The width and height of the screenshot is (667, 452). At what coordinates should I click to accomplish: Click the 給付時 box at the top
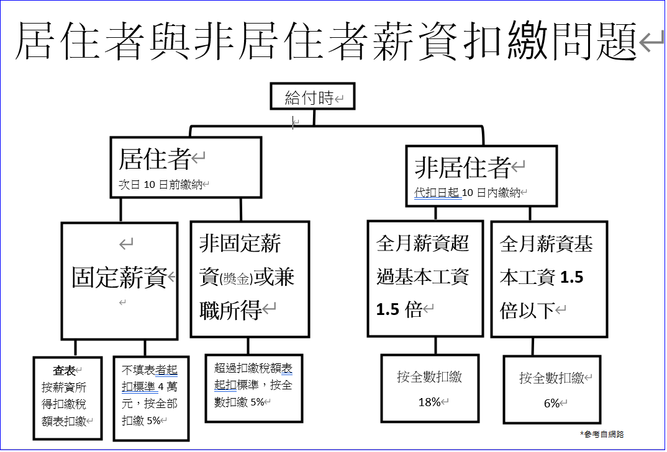pos(312,97)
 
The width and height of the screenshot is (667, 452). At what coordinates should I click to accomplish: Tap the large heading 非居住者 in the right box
pos(462,166)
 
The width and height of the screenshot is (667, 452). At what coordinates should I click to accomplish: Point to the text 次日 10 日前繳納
pos(161,184)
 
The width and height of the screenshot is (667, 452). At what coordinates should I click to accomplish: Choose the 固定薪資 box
pos(120,278)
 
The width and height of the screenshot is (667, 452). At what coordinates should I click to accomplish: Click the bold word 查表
pos(64,371)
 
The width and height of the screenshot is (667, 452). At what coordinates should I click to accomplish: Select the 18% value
pos(429,402)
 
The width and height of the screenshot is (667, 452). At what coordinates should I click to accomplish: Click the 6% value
pos(551,403)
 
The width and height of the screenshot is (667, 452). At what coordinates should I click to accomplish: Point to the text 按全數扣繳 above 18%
pos(430,376)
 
